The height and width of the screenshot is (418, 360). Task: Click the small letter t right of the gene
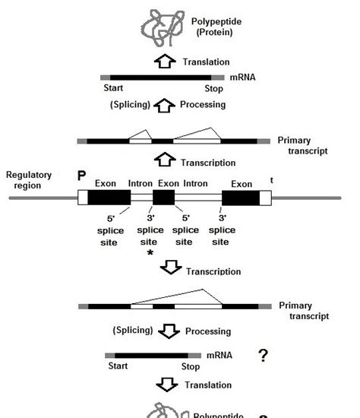click(x=271, y=180)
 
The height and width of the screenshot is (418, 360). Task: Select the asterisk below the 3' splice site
click(x=150, y=252)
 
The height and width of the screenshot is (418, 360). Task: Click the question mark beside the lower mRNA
click(x=263, y=355)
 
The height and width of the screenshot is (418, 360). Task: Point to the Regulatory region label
click(x=29, y=180)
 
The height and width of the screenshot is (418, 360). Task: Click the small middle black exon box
click(x=163, y=198)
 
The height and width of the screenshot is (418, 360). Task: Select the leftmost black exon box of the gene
click(x=109, y=198)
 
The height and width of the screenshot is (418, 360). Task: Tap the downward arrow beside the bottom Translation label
click(x=171, y=385)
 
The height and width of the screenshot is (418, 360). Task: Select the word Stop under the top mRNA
click(x=214, y=89)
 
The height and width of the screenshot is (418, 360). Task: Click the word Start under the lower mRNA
click(x=118, y=366)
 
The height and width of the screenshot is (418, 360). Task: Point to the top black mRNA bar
click(x=167, y=78)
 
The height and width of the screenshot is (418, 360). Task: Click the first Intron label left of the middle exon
click(x=141, y=183)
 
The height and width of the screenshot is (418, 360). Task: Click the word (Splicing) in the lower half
click(x=134, y=331)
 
